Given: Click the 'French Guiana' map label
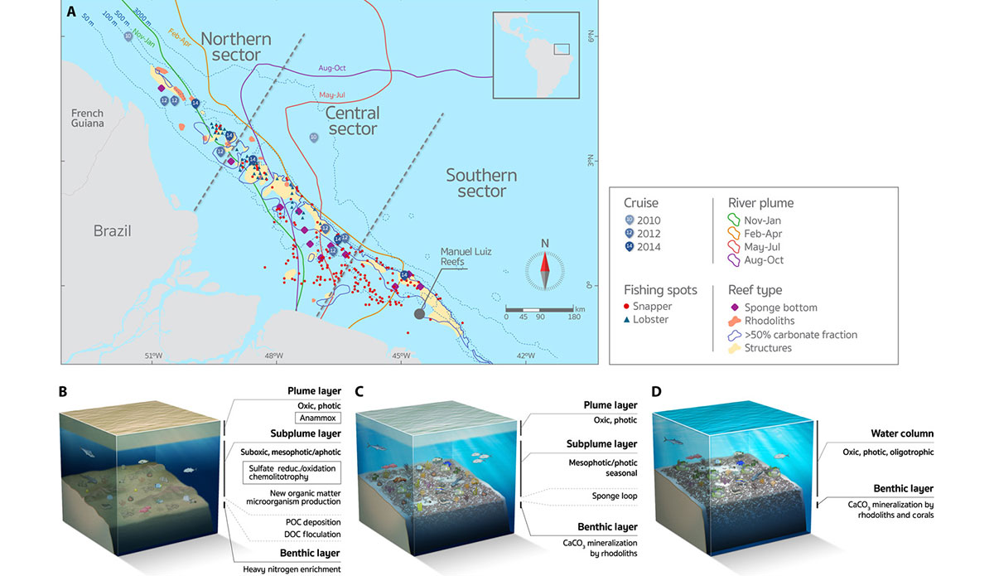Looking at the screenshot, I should click(88, 118).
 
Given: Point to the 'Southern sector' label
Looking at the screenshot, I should click(481, 183).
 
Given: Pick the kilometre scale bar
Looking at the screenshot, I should click(539, 309).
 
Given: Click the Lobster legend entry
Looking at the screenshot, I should click(649, 319).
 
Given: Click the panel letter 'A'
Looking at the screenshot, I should click(72, 12).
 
